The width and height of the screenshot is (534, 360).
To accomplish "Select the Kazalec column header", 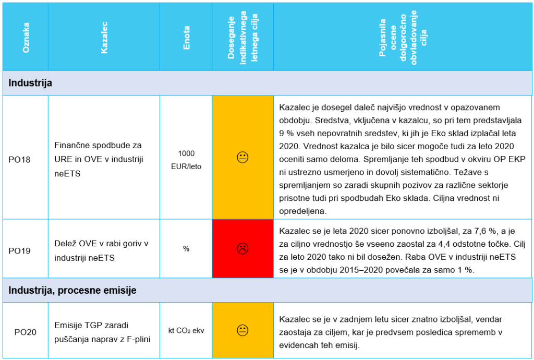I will pos(104,37).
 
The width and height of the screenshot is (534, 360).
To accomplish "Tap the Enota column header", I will pos(186,37).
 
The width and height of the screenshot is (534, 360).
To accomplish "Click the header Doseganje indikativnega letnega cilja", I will pos(242,37).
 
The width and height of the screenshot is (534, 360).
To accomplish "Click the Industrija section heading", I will pos(30,83).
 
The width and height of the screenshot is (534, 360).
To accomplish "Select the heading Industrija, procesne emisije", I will pos(72,290).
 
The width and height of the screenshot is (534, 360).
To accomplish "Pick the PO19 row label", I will pos(20,250).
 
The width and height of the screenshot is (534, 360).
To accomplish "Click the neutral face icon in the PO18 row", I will pos(242,157).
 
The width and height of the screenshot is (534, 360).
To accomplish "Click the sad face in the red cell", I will pos(242,248).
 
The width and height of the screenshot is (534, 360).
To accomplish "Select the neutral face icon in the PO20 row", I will pos(242,330).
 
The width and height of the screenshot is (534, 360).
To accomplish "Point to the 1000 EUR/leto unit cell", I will pos(186,160).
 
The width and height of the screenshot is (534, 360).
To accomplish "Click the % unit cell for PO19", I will pos(186,249).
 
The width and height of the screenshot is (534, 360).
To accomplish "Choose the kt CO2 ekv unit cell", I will pos(186,330).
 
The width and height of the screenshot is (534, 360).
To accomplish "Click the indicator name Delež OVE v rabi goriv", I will pos(102,244).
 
